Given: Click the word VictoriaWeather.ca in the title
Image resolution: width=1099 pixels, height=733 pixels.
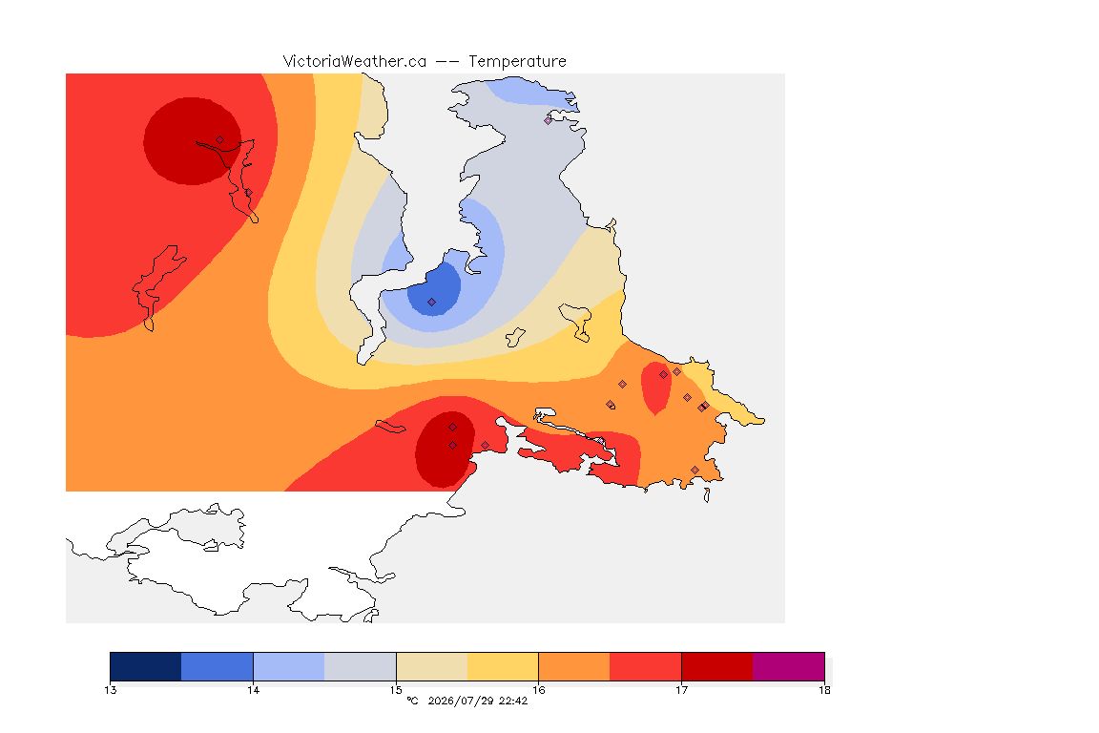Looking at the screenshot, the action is coord(355,62).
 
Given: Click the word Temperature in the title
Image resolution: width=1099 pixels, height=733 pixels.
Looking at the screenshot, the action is coord(517,62).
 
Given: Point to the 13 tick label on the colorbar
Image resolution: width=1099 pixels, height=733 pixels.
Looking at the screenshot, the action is coord(110,690).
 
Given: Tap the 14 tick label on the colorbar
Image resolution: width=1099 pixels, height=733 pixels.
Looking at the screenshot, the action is coord(253,690).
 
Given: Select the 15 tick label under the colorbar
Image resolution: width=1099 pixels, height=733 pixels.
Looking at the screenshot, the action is coord(396,690).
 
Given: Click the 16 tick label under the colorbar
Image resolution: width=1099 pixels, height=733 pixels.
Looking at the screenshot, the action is coord(538,690).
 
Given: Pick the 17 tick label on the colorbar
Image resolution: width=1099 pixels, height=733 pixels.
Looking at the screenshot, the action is coord(681,690).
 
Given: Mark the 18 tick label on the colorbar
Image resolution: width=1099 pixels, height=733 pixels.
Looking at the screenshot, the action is coord(824,690).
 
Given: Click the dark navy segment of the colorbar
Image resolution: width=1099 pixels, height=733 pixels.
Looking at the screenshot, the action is coord(146,666).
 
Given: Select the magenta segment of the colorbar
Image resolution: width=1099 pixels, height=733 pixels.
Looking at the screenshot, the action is coord(789,666).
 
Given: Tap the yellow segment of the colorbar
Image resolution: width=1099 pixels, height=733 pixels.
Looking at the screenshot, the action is coord(503,666).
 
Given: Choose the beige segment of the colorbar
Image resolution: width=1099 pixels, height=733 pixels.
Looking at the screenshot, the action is coord(432,666).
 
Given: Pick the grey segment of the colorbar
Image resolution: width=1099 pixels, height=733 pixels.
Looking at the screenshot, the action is coord(361,666).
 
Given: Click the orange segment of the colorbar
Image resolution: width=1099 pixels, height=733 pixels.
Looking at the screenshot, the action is coord(574,666).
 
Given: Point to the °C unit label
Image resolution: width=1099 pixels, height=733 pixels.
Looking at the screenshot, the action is coord(412,701).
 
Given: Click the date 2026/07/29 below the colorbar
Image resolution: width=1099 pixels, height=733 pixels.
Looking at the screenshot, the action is coord(460,701).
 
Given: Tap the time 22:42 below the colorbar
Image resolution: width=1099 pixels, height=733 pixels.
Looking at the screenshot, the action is coord(513,701).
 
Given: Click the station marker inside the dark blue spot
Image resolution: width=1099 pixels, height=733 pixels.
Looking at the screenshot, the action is coord(432,303).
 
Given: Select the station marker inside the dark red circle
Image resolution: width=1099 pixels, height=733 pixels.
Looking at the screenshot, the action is coord(220,140).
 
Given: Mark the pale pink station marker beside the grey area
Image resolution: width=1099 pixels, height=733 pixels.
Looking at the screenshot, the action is coord(549,120).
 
